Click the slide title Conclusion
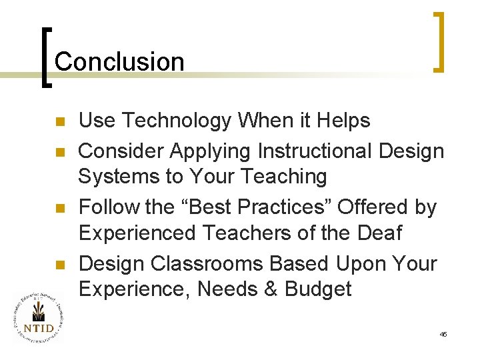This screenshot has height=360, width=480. coord(119,61)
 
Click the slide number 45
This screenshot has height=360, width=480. coord(443,333)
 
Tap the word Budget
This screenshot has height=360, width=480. coord(318,289)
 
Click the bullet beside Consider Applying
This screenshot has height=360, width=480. coord(59,152)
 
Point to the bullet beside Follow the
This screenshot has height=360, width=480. coord(59,208)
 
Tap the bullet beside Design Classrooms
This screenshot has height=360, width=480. coord(59,265)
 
